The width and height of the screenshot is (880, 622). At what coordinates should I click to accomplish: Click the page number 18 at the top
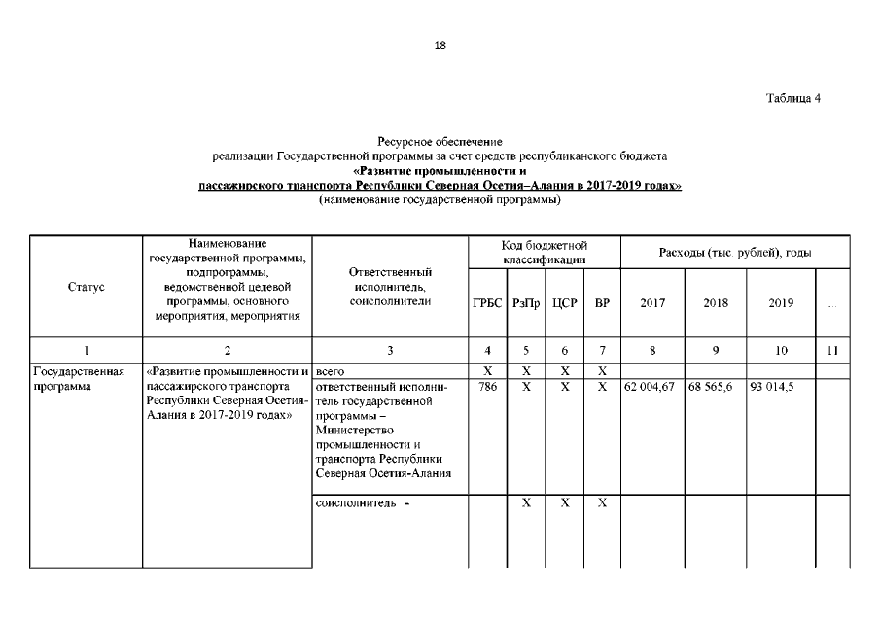440,46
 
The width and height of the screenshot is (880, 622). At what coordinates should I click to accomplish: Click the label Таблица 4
793,100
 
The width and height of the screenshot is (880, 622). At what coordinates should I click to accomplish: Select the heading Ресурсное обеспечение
440,143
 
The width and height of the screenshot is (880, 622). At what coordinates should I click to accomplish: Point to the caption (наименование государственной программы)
440,199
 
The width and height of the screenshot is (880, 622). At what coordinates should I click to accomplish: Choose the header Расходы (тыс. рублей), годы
735,253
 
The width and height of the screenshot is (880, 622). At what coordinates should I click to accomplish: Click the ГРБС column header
487,303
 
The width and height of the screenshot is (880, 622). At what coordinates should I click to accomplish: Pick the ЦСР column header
564,303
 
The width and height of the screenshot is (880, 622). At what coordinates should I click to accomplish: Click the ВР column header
602,303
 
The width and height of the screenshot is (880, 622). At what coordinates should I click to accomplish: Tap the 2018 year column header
716,303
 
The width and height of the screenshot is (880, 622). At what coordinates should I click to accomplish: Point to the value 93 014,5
773,387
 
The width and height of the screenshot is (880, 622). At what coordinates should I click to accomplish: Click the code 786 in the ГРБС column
488,387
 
